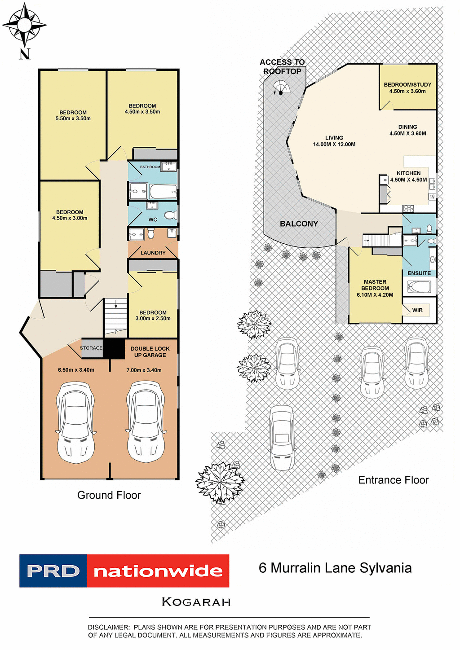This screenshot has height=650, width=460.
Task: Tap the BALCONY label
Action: click(299, 224)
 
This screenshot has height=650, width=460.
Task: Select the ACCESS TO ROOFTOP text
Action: click(282, 66)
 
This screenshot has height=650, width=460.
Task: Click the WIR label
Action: click(417, 310)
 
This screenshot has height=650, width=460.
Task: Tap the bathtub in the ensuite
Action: click(419, 286)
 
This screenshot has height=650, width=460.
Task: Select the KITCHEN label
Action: click(408, 173)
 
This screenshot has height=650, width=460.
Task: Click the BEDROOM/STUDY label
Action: click(407, 84)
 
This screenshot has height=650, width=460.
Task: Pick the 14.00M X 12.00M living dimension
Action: click(334, 145)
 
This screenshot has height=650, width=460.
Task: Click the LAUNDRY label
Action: click(153, 253)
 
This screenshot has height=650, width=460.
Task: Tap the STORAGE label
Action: click(91, 348)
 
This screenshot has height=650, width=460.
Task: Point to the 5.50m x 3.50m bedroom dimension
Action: click(73, 119)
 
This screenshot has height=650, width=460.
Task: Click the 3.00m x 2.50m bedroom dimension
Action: click(153, 319)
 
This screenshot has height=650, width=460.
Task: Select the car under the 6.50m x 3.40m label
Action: click(75, 422)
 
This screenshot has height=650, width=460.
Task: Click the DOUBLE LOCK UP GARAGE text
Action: click(150, 351)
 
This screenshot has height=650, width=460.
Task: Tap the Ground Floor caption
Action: click(109, 495)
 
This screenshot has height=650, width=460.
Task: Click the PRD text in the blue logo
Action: click(53, 571)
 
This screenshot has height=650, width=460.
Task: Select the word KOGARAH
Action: click(196, 602)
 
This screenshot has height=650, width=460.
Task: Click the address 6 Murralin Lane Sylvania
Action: click(335, 568)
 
